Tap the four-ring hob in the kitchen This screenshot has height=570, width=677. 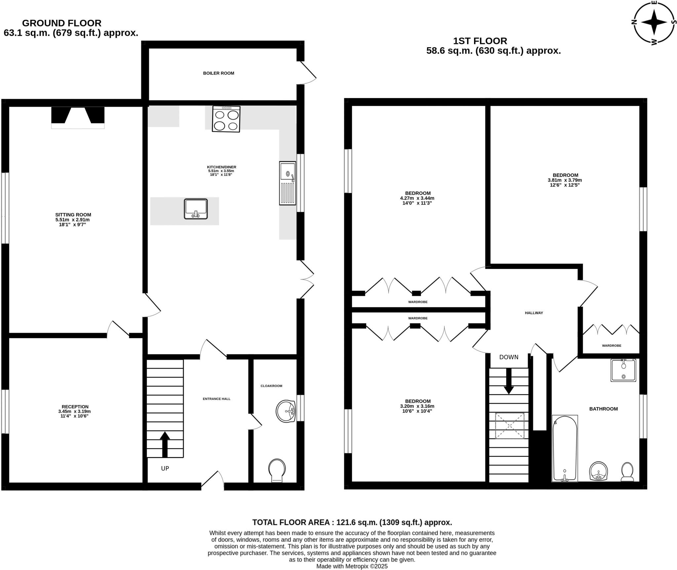[226, 119]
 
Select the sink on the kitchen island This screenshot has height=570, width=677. [196, 209]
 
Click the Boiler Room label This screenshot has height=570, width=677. [219, 73]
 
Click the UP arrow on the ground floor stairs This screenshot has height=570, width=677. [165, 444]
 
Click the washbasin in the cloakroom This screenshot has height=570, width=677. [286, 411]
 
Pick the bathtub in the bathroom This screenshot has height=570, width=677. [565, 448]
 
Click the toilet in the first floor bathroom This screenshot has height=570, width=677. [627, 472]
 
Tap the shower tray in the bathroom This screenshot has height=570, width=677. [623, 370]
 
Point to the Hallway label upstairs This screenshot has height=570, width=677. [534, 313]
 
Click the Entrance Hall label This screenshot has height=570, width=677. [217, 399]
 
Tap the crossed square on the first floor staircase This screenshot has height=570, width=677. [509, 426]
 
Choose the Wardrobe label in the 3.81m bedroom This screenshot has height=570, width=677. [611, 346]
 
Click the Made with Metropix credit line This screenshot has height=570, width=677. [352, 566]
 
